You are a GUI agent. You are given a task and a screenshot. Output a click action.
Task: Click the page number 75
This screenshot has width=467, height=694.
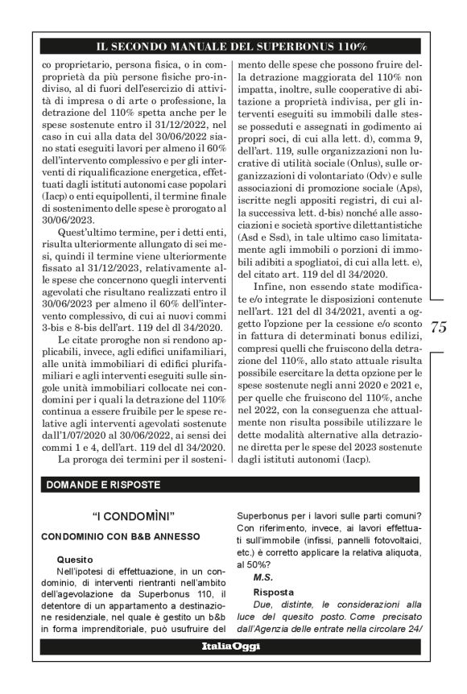click(439, 327)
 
